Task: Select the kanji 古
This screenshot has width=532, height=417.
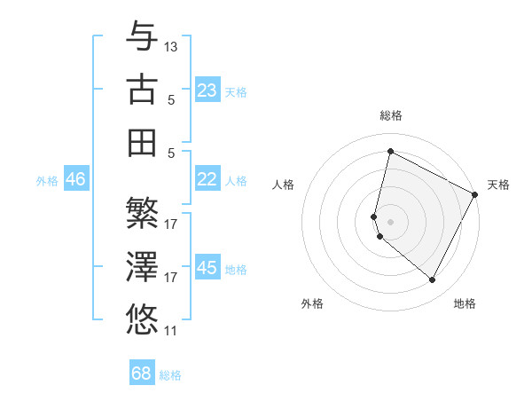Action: tap(143, 89)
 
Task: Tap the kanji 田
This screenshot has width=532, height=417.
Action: tap(143, 142)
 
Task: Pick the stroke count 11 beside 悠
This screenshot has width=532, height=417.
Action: tap(171, 331)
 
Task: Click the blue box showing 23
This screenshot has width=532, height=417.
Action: tap(207, 90)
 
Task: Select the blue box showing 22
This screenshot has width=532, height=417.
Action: tap(207, 179)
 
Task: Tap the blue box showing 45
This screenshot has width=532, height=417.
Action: tap(207, 267)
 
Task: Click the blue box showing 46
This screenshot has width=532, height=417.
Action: tap(75, 179)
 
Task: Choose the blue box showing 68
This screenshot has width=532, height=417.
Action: tap(142, 374)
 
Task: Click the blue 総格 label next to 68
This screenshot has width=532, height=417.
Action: tap(170, 375)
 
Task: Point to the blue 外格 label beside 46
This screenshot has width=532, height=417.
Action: tap(47, 181)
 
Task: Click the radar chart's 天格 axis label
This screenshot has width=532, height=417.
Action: tap(498, 185)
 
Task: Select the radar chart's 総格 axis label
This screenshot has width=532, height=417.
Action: tap(390, 116)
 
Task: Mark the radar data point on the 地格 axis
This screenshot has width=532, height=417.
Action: tap(433, 280)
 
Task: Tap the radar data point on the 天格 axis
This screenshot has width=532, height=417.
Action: tap(475, 195)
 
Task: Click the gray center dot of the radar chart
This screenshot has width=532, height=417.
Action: tap(390, 221)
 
